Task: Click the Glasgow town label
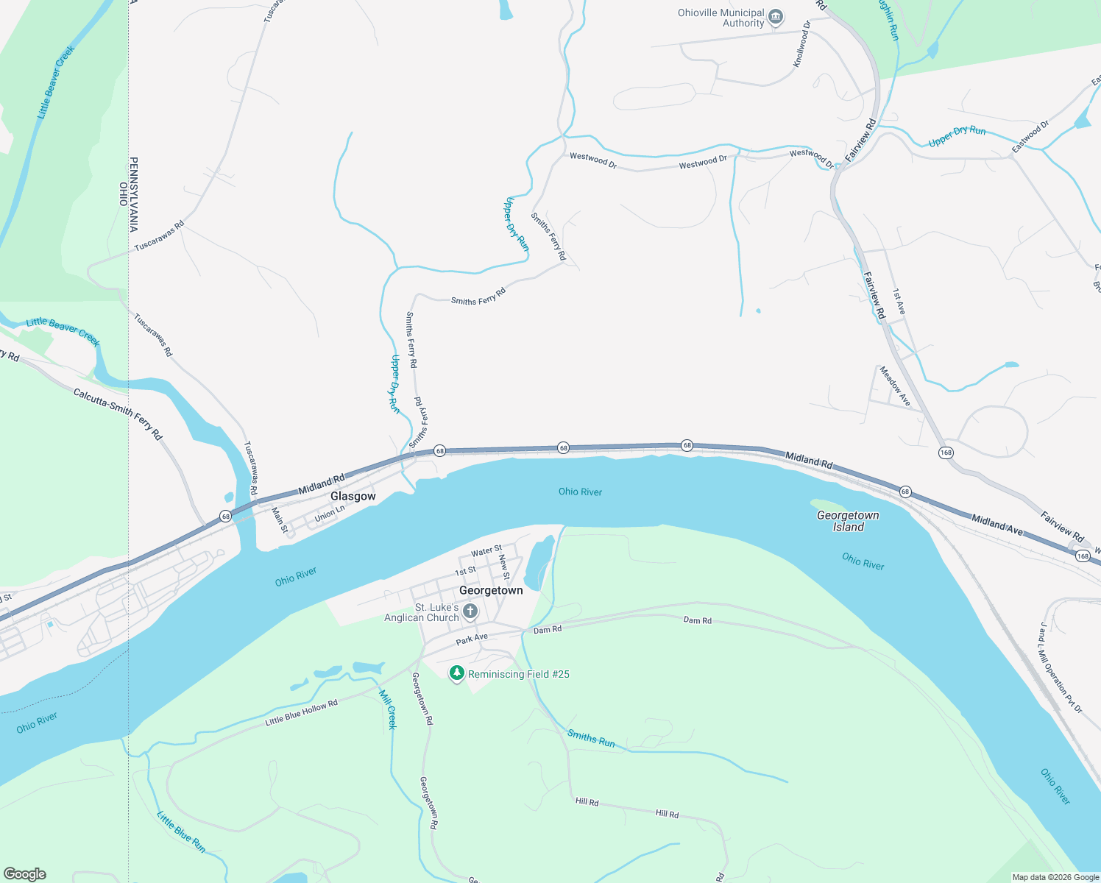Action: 353,496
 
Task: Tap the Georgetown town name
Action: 491,590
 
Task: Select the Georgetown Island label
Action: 848,521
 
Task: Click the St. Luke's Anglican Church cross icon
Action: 470,611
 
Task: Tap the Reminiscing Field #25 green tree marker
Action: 457,673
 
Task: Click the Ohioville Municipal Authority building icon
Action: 775,17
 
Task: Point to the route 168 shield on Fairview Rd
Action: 946,453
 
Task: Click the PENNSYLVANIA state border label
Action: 134,194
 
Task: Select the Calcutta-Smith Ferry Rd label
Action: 118,414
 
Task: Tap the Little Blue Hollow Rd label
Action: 301,712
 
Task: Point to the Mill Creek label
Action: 388,709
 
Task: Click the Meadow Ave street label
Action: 895,386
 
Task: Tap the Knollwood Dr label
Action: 801,44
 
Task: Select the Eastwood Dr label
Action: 1030,137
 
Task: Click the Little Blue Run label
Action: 181,831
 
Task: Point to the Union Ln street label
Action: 330,514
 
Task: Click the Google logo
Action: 25,874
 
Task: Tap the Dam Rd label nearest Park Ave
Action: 547,630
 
